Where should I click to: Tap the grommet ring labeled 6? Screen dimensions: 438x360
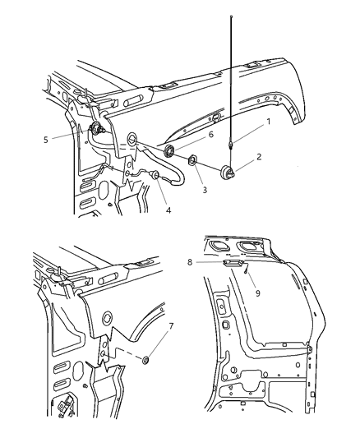tap(170, 150)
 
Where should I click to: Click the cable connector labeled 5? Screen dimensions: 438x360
tap(97, 129)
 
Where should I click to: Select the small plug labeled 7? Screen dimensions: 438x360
tap(145, 359)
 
